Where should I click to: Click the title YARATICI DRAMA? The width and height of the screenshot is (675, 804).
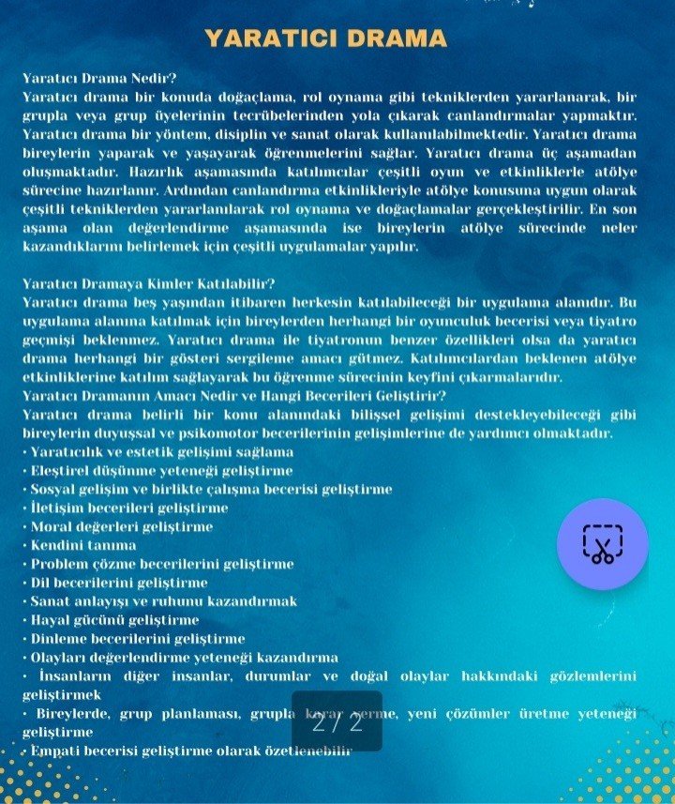click(325, 38)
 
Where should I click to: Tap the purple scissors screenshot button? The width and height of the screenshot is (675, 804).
click(602, 544)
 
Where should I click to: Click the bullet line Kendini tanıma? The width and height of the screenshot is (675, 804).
click(82, 545)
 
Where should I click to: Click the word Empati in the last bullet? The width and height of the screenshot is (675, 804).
click(54, 751)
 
